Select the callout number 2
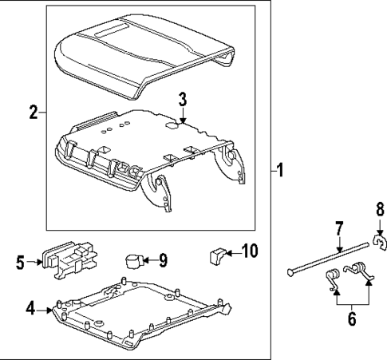33,113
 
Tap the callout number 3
182,100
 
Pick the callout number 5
21,260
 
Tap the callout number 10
249,252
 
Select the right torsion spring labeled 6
363,271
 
